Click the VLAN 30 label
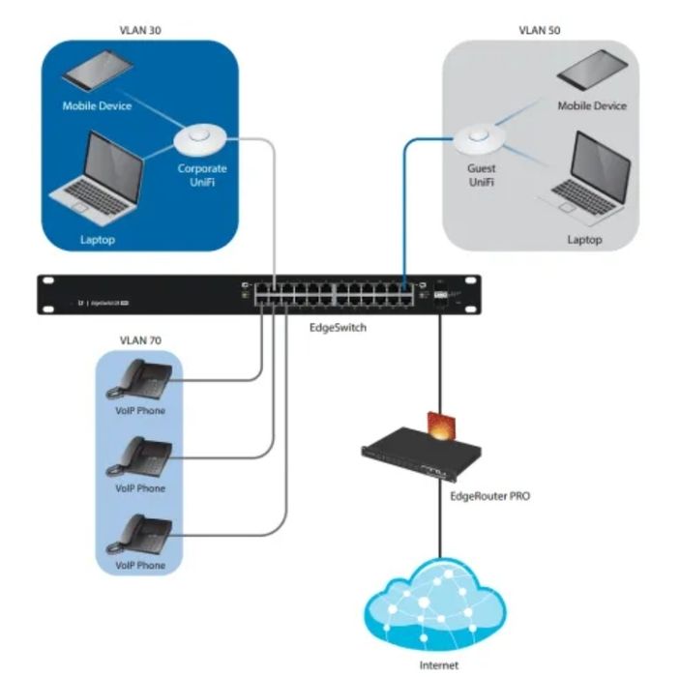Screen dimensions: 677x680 139,30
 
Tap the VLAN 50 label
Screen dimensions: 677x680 540,30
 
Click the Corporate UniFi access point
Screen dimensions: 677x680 201,141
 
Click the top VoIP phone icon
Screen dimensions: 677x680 139,378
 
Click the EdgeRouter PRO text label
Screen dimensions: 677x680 489,495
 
